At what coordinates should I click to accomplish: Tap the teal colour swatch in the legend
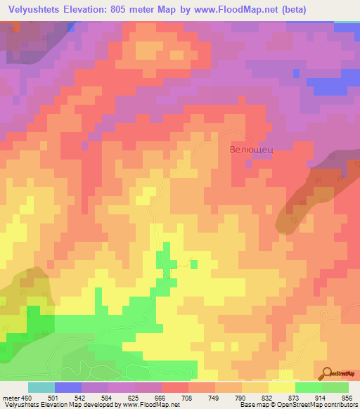click(x=41, y=388)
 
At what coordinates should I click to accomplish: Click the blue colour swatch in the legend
click(x=68, y=388)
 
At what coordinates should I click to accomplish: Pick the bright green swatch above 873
click(x=309, y=388)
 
